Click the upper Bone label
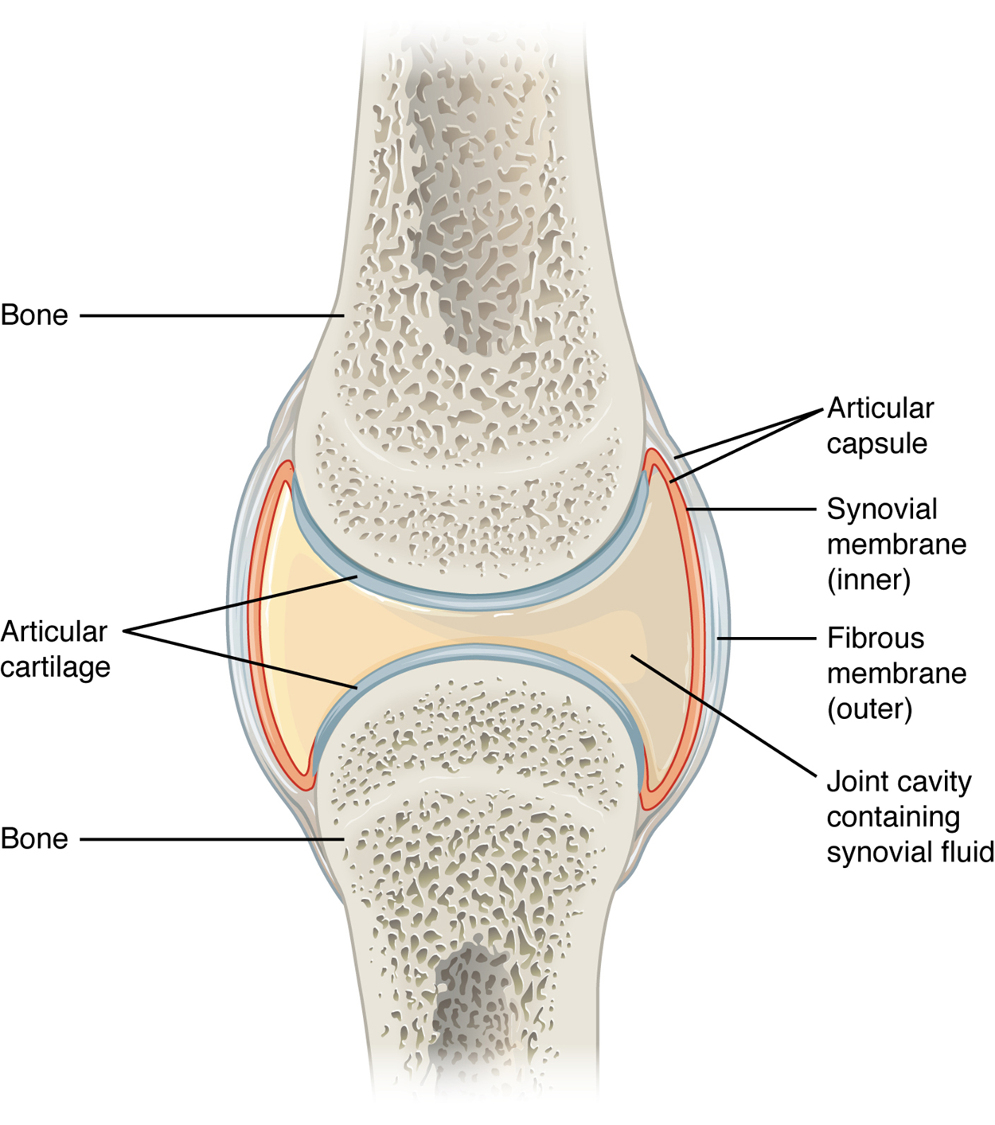tap(34, 315)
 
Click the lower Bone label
tap(34, 839)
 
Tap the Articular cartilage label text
tap(55, 649)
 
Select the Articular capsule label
tap(880, 425)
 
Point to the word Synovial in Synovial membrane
tap(882, 510)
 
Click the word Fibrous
tap(876, 639)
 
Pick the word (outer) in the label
tap(869, 709)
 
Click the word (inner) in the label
tap(868, 580)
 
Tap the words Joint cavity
tap(899, 782)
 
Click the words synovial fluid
tap(910, 852)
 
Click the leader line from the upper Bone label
tap(211, 316)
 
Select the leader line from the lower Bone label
tap(211, 839)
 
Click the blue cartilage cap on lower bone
tap(478, 651)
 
